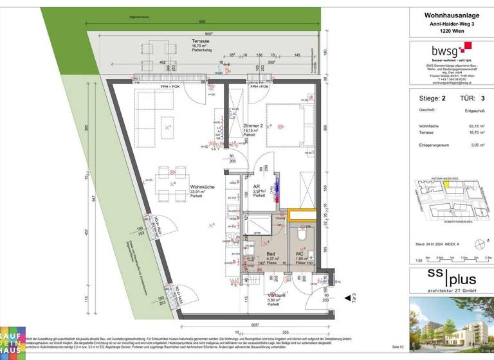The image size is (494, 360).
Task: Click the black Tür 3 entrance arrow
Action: (347, 298)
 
